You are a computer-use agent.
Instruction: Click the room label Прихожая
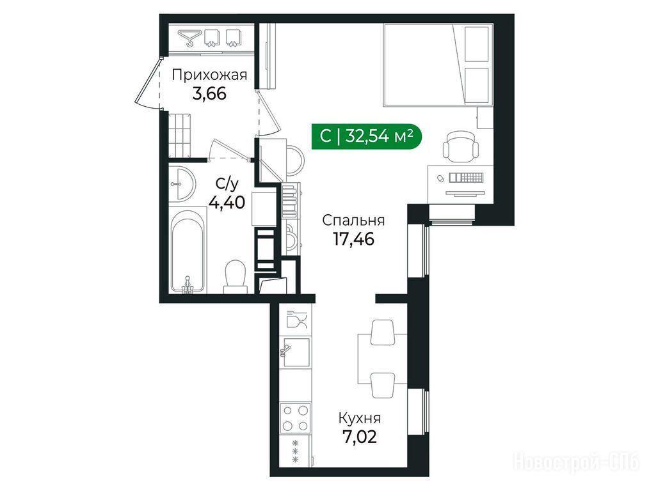(209, 75)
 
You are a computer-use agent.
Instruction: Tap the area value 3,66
(209, 94)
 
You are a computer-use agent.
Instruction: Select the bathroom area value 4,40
(227, 203)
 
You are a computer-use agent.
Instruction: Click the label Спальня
(353, 221)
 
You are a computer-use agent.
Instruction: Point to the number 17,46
(353, 239)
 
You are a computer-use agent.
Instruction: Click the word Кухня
(360, 419)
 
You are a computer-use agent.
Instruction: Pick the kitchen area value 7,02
(360, 437)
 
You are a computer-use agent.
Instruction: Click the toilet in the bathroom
(236, 276)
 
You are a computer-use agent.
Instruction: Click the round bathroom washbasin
(182, 183)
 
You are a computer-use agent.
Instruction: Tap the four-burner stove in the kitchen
(295, 418)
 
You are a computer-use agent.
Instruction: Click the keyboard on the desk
(467, 177)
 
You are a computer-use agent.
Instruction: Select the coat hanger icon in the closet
(189, 37)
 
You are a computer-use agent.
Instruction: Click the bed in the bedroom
(438, 65)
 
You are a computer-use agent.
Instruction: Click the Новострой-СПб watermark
(577, 462)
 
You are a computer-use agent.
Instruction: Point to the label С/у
(227, 184)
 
